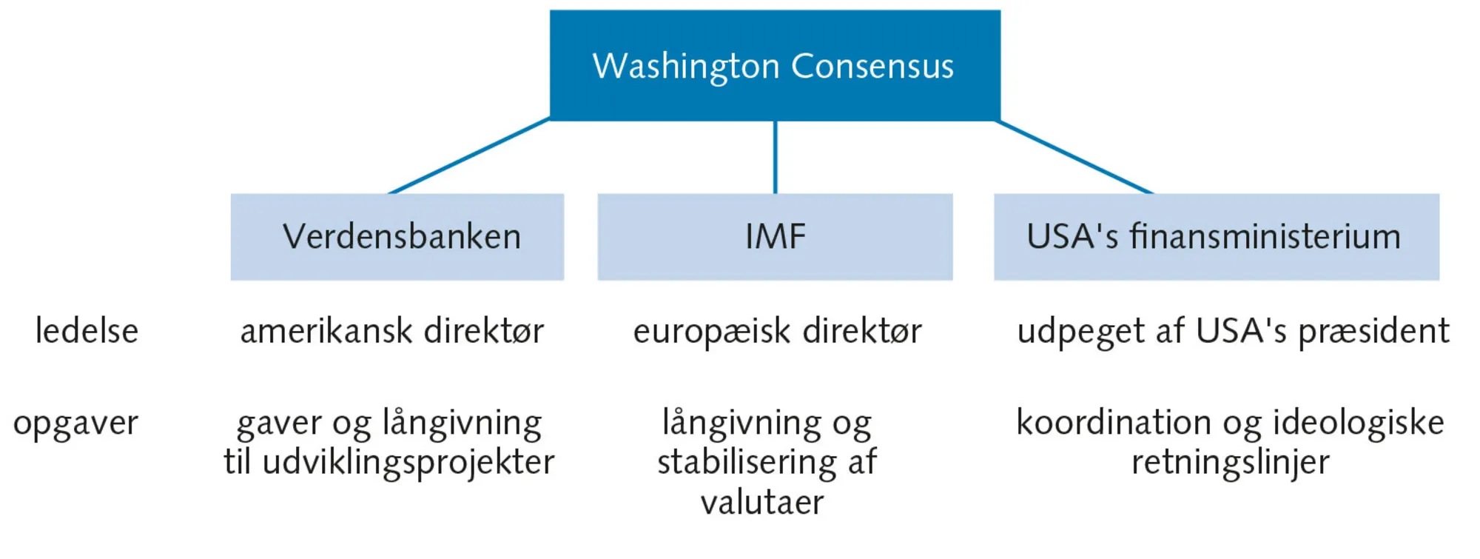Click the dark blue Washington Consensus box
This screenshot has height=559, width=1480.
775,65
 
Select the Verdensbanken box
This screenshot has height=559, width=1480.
397,237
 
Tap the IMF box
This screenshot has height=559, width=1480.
775,237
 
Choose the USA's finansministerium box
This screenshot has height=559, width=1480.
1216,237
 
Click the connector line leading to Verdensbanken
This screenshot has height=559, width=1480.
469,156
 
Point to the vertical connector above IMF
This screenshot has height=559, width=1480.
775,157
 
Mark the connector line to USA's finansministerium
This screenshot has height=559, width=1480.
1074,156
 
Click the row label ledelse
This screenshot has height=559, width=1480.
87,331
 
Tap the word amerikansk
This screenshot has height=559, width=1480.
326,331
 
